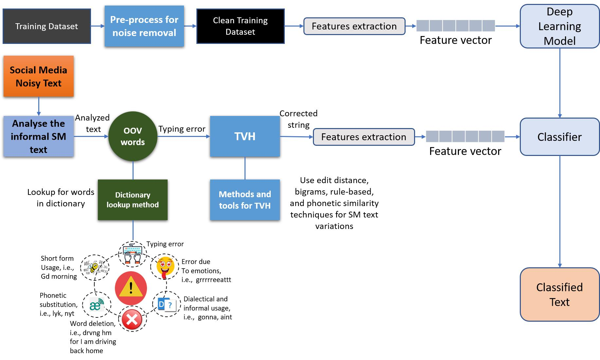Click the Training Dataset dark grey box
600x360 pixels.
coord(46,26)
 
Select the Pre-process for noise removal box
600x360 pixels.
coord(144,26)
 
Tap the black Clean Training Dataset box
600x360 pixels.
coord(240,26)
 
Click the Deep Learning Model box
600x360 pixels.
coord(559,26)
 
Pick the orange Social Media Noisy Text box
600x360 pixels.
coord(39,76)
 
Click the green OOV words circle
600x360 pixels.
coord(133,136)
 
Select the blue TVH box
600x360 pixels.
coord(245,136)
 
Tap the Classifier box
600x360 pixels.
coord(559,137)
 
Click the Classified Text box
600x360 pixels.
coord(559,294)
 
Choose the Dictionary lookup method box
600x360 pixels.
coord(133,200)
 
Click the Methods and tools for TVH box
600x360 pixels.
coord(245,200)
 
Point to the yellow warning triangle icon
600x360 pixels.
coord(131,288)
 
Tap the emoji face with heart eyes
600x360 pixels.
coord(165,266)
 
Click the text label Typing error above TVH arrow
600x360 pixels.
coord(182,129)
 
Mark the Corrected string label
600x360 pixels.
coord(298,119)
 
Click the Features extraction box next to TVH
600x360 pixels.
coord(364,137)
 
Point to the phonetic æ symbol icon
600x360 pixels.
coord(97,305)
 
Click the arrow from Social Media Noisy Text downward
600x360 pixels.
coord(39,106)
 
